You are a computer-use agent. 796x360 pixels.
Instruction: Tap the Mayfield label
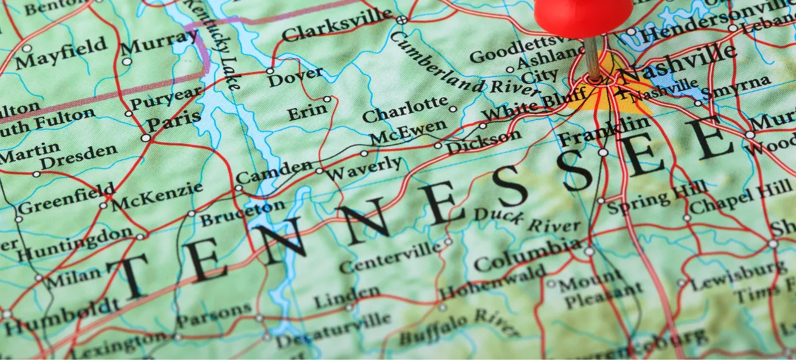(x=61, y=54)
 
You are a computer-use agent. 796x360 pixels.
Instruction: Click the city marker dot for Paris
(x=146, y=137)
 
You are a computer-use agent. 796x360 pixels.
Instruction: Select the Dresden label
(x=80, y=155)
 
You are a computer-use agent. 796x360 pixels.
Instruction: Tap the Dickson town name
(x=484, y=142)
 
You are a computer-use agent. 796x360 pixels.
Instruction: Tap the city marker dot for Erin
(x=327, y=99)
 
